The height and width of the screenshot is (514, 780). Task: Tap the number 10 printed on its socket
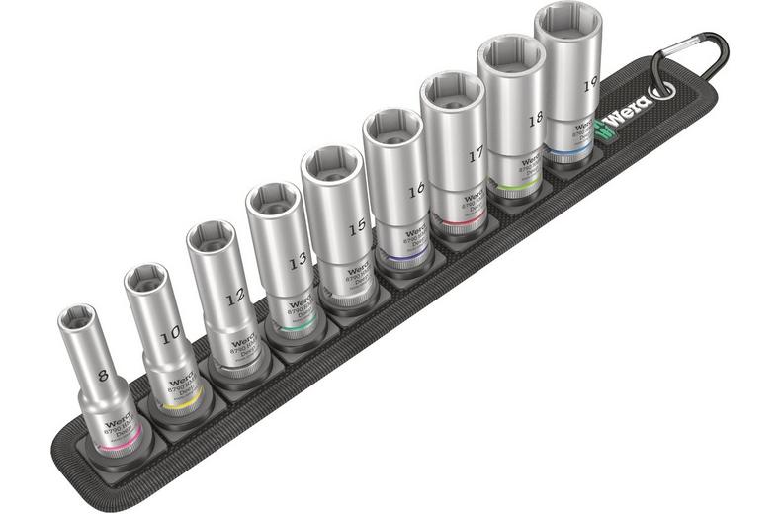(x=169, y=335)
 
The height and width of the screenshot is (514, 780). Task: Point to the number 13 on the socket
(x=296, y=263)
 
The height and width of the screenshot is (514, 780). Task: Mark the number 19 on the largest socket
(x=590, y=85)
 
